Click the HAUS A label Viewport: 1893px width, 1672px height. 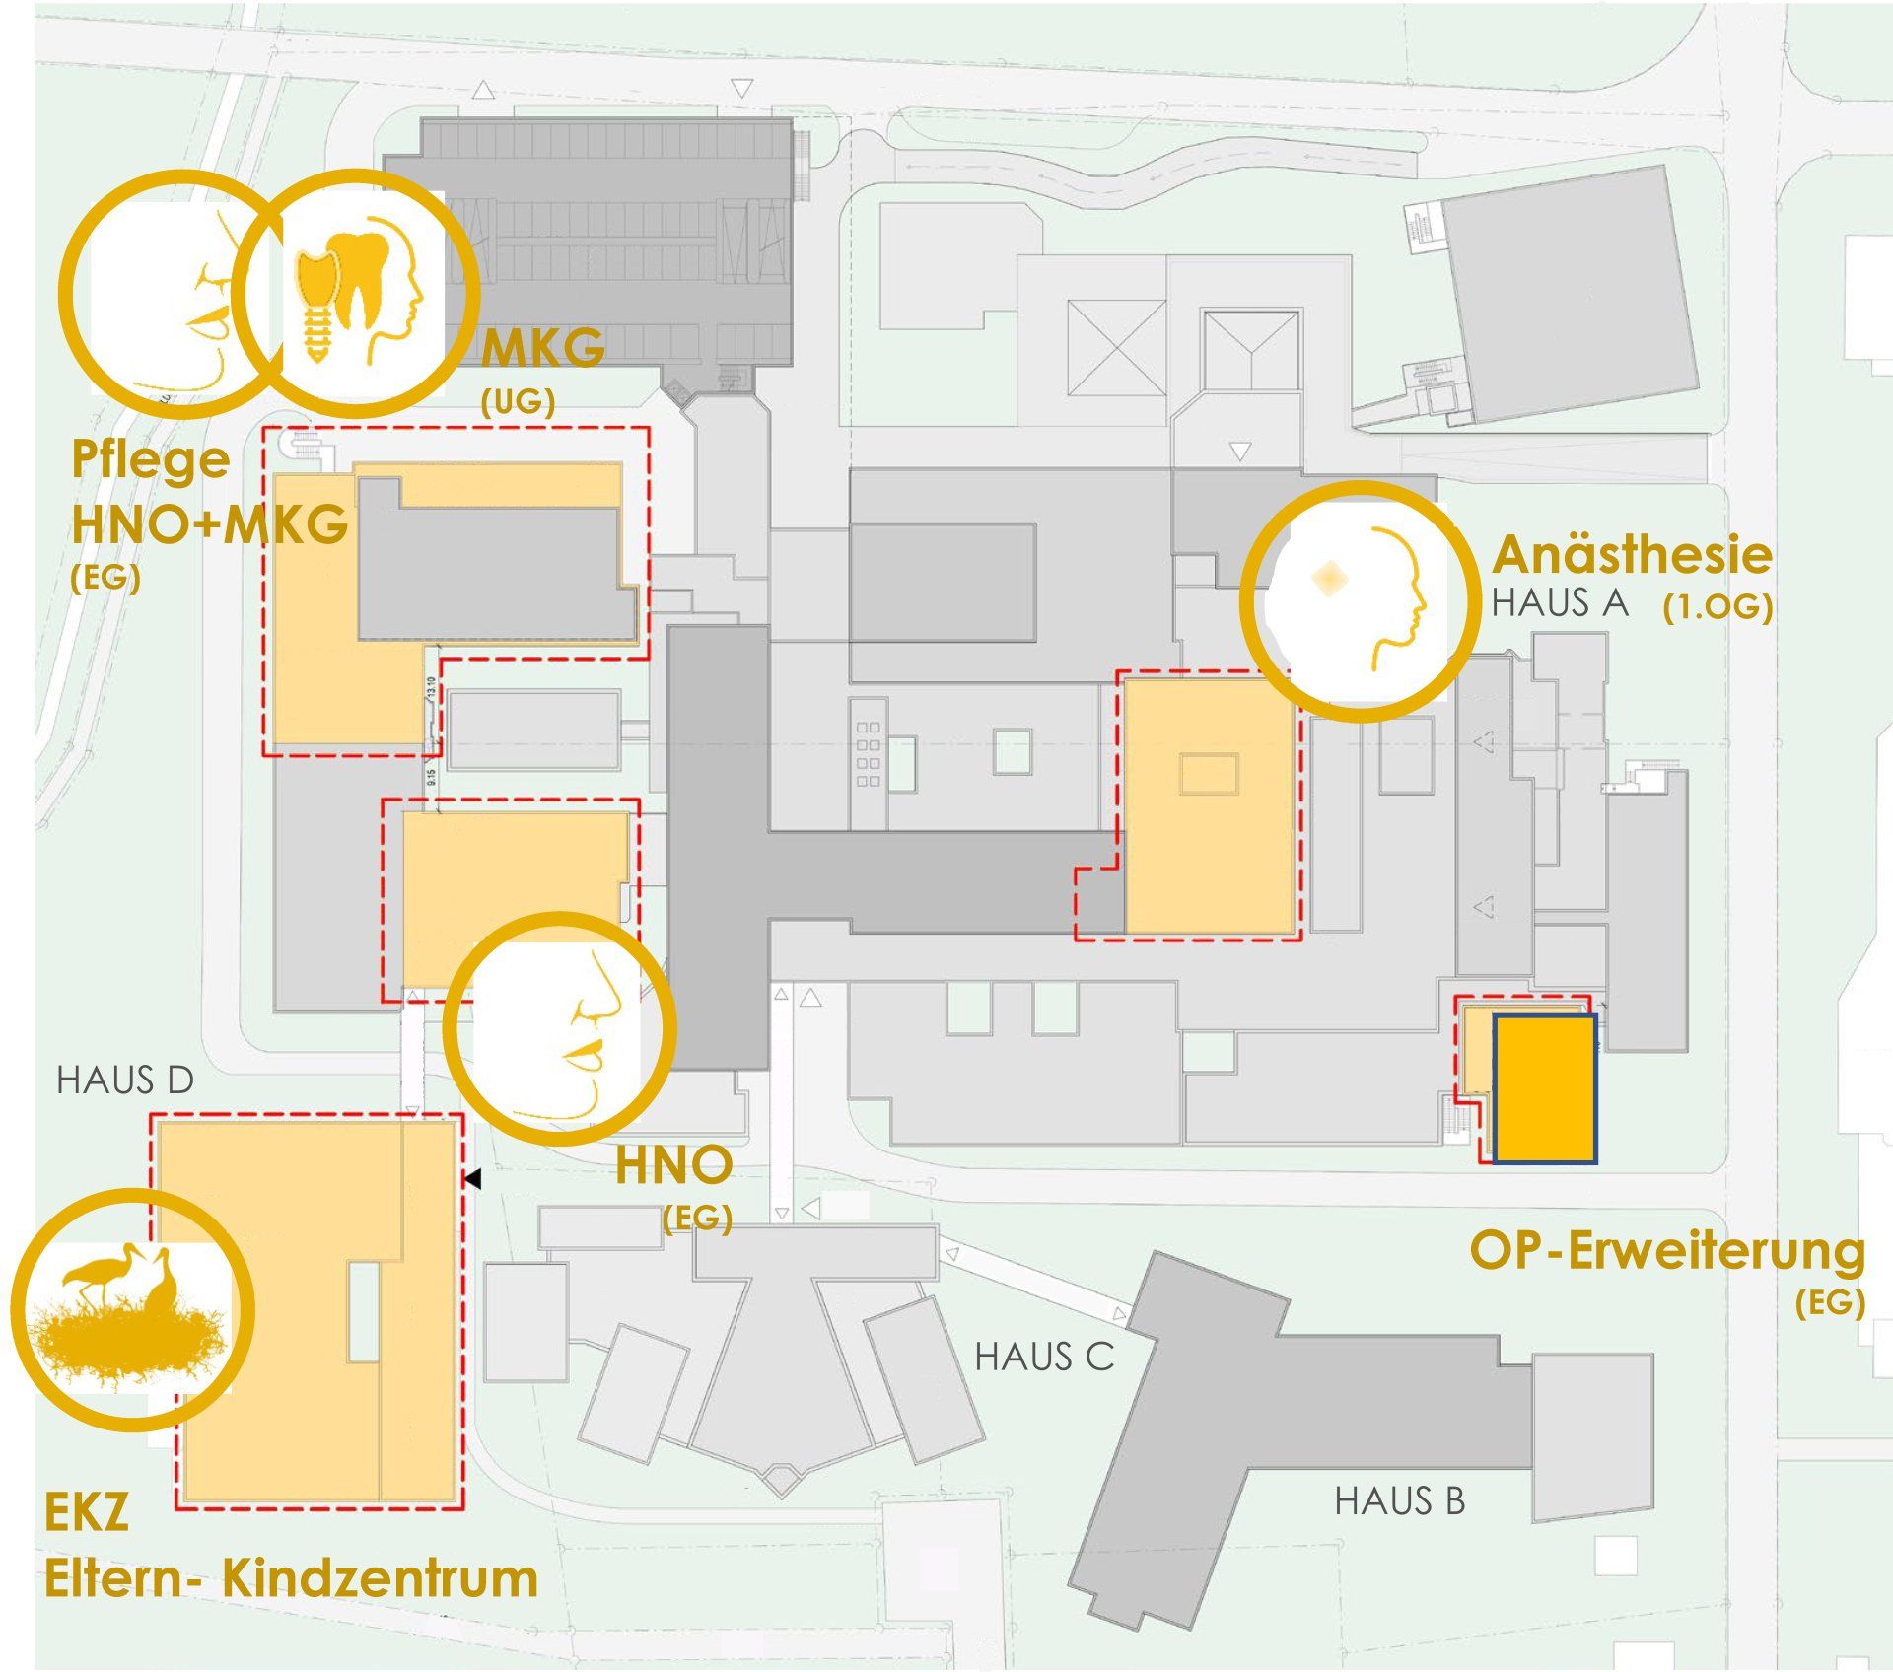click(x=1560, y=602)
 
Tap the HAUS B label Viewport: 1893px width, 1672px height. click(x=1399, y=1501)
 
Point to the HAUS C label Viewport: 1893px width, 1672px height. click(x=1044, y=1358)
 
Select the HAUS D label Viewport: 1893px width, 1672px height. click(x=125, y=1080)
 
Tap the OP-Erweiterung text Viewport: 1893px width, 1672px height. click(x=1667, y=1252)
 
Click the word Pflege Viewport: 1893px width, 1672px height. click(x=150, y=460)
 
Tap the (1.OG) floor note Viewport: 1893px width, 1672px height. click(x=1718, y=608)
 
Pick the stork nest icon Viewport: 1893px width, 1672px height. click(x=131, y=1308)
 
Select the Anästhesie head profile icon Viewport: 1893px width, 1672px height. click(x=1362, y=600)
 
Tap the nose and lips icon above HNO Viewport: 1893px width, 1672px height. click(x=559, y=1026)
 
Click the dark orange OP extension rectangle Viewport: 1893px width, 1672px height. click(x=1544, y=1089)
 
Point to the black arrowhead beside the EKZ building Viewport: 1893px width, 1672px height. click(x=473, y=1178)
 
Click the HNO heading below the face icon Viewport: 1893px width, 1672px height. click(x=673, y=1166)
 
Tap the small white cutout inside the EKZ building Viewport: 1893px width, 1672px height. click(x=364, y=1311)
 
